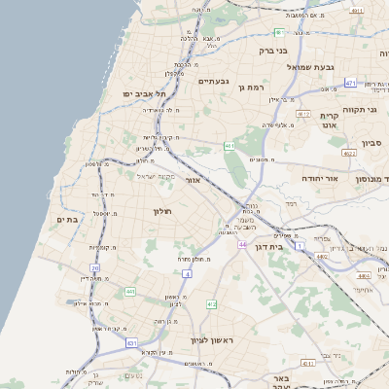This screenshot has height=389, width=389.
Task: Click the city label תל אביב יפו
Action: click(x=141, y=92)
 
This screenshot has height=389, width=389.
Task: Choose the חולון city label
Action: click(x=161, y=211)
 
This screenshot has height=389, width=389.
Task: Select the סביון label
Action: click(x=371, y=143)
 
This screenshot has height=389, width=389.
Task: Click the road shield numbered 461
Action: click(x=230, y=146)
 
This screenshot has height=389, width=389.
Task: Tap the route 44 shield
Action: click(x=241, y=244)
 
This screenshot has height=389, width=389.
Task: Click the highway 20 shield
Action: click(x=94, y=268)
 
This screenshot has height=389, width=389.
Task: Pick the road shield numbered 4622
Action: click(x=349, y=153)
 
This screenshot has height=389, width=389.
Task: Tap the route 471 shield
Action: click(x=350, y=83)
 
